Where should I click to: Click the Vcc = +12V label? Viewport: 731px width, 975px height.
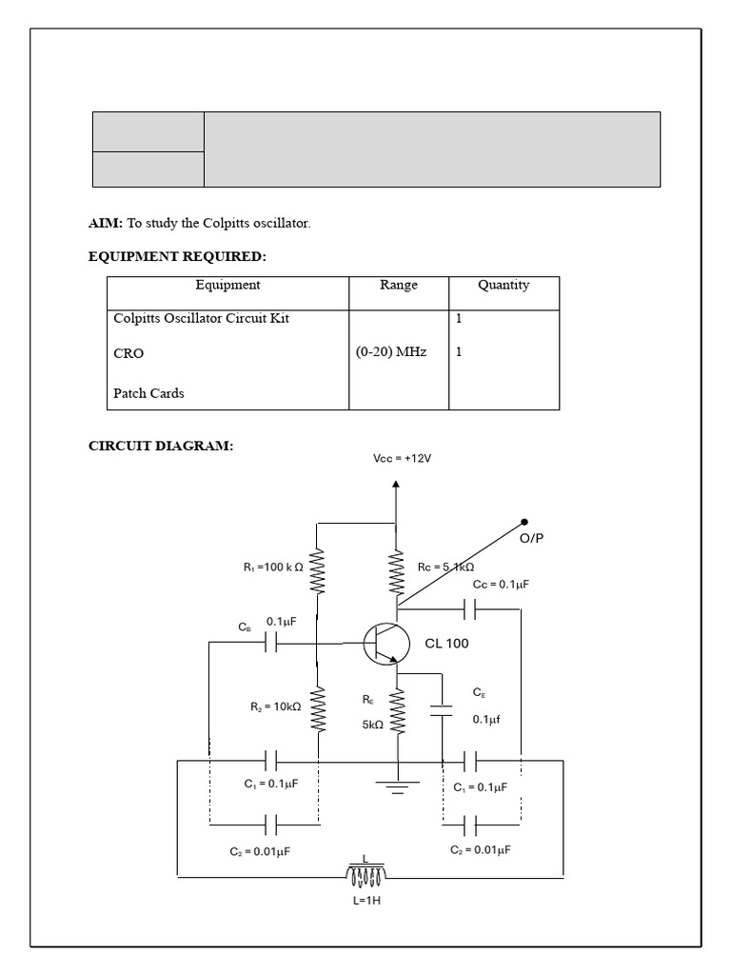click(x=402, y=458)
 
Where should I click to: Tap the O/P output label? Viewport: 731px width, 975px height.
click(x=530, y=538)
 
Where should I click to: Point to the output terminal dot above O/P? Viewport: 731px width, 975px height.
click(x=524, y=522)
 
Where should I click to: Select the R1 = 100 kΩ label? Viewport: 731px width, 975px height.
click(x=273, y=567)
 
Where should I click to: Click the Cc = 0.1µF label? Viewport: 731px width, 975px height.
click(x=501, y=585)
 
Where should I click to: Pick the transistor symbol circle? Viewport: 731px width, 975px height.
click(x=386, y=644)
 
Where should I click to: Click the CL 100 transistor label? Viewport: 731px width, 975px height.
click(x=446, y=644)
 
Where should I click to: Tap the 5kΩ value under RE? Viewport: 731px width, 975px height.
click(x=372, y=724)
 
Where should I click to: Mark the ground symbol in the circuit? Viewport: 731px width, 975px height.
click(x=396, y=786)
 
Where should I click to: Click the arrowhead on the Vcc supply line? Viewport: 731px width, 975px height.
click(x=396, y=486)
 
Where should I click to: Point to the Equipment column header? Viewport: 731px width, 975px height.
click(x=227, y=285)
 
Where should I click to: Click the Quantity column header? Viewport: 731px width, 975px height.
click(x=504, y=285)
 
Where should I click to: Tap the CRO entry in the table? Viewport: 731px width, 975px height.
click(x=128, y=353)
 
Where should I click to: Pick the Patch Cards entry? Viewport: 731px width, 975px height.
click(x=148, y=393)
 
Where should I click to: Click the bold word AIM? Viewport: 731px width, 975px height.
click(x=106, y=224)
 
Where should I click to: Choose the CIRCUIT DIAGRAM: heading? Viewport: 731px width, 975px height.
click(x=160, y=446)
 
